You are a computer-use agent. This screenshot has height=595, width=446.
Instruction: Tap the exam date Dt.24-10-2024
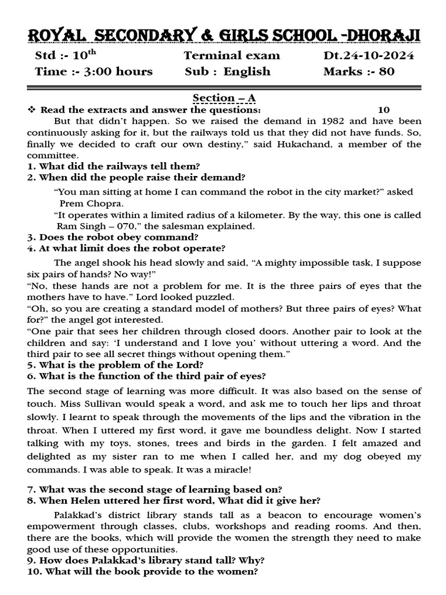(368, 56)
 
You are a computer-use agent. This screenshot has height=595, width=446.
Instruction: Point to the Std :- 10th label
(62, 56)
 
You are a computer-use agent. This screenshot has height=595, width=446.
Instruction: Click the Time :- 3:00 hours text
(93, 71)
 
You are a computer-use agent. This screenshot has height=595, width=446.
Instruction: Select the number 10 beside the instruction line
(383, 110)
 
